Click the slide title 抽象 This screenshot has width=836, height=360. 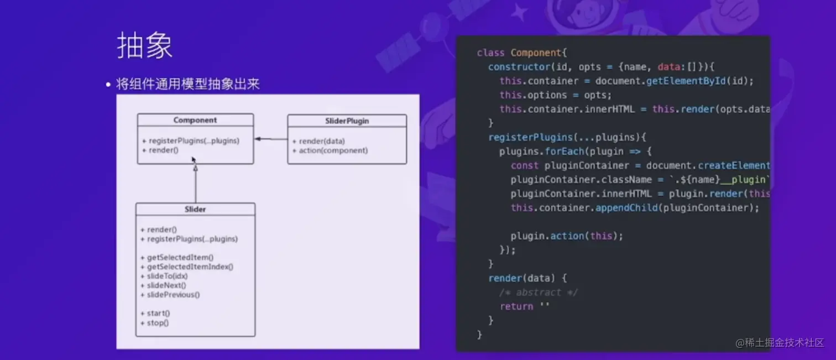145,45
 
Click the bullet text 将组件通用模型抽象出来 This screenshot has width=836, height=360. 187,84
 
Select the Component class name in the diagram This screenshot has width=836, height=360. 195,120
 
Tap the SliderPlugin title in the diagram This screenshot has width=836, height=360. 347,121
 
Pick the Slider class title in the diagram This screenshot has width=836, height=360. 195,209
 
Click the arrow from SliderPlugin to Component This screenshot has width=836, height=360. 271,139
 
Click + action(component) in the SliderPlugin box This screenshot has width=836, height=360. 330,150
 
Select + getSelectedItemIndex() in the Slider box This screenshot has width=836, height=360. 187,267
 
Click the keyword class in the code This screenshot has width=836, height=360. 490,53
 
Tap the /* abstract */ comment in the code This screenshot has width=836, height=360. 539,292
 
